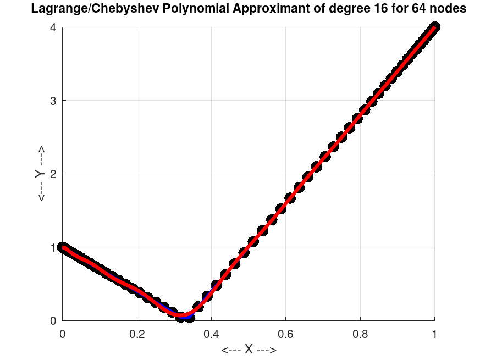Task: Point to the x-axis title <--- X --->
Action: coord(249,350)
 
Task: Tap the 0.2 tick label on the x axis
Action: coord(137,334)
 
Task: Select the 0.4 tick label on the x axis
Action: coord(211,334)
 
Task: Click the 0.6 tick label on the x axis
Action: coord(286,334)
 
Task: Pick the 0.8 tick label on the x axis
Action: coord(360,334)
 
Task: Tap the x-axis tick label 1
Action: coord(435,334)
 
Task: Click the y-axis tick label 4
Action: coord(53,27)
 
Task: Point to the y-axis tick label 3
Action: coord(53,101)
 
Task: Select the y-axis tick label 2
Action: coord(53,174)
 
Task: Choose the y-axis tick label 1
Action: coord(53,247)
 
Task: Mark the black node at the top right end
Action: coord(434,27)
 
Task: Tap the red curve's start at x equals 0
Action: coord(63,247)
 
